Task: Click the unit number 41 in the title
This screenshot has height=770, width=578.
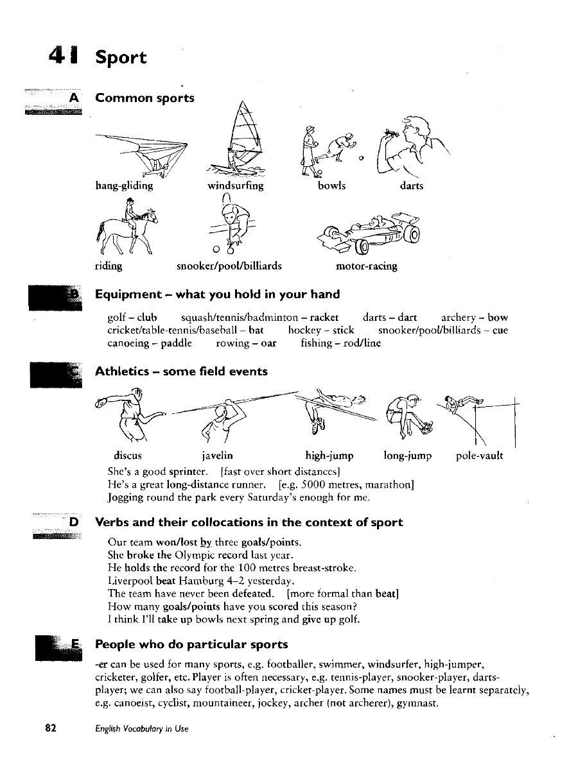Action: pos(63,56)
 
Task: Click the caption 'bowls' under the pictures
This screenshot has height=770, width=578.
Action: pos(331,186)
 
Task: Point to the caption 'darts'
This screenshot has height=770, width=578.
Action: pos(411,186)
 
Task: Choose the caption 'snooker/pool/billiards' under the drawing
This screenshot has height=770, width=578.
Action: pos(229,266)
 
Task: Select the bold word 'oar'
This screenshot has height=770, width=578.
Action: pos(268,343)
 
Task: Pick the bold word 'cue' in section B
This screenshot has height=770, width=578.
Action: pos(500,330)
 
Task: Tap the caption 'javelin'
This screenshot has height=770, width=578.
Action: pos(217,456)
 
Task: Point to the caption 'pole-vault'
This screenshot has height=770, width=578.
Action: pos(479,456)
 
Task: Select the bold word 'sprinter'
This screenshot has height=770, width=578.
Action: pos(188,472)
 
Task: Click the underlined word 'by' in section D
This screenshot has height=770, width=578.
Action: pos(206,542)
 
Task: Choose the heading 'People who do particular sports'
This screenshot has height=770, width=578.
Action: pos(191,644)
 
